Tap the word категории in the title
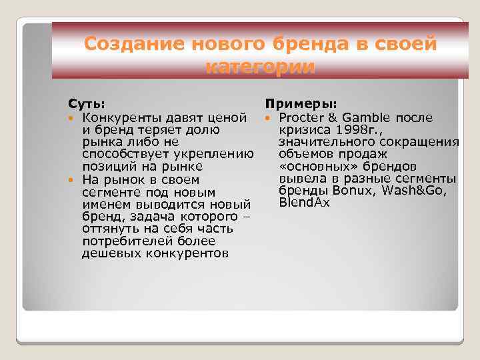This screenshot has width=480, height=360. (261, 67)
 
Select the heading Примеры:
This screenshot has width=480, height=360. (301, 105)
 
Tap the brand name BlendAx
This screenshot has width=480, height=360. (305, 203)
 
